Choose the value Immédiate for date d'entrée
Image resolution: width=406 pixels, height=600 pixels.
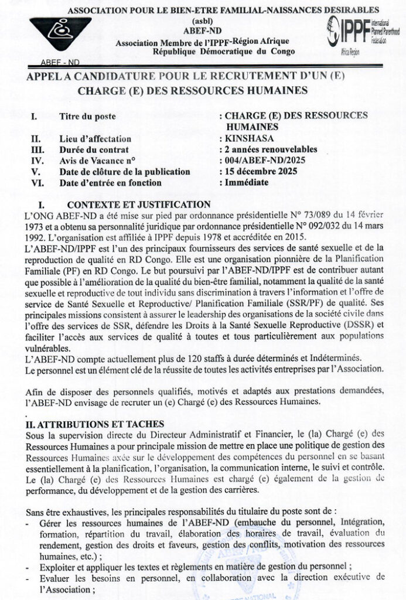247,182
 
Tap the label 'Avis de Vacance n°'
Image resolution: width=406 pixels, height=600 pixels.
97,161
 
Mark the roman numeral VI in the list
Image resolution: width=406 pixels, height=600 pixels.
36,182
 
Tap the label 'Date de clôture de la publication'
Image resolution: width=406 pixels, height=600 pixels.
125,172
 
